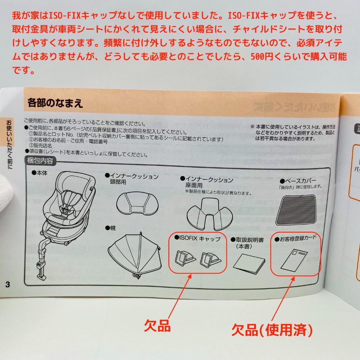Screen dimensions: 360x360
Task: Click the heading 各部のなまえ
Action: [x=55, y=103]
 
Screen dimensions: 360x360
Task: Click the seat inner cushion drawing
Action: [x=209, y=215]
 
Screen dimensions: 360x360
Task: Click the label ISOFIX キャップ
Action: [x=198, y=239]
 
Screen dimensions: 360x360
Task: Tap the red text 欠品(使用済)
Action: [x=272, y=330]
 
